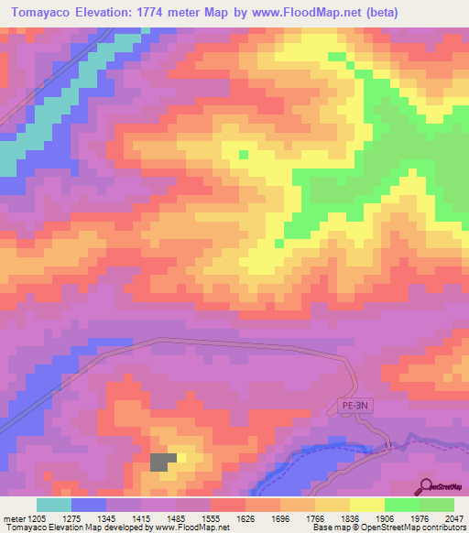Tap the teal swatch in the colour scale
pos(54,505)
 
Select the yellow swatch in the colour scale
pos(366,505)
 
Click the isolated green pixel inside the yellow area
pos(243,154)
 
